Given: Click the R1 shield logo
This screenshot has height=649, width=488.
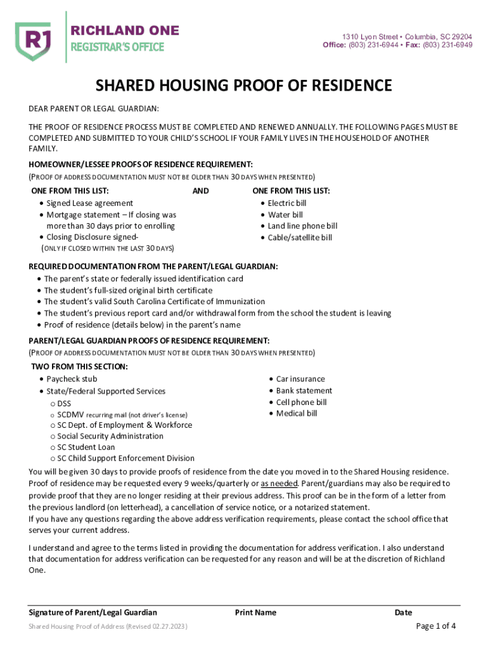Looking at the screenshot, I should coord(33,39).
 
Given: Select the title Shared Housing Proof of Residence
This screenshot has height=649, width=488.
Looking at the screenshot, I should coord(243,86).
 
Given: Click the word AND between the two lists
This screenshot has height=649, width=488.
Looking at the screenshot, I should coord(200,191).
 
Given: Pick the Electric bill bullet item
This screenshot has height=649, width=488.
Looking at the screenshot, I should coord(286,203).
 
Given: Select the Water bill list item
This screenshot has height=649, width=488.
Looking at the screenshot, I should coord(285,215).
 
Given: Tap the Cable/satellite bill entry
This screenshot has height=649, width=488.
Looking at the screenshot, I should coord(300,238).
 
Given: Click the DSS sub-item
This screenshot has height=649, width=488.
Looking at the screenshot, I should coord(64,403).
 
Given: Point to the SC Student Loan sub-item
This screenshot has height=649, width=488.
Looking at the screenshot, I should coord(86,447).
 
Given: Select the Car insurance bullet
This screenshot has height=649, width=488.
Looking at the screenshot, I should coord(300,379).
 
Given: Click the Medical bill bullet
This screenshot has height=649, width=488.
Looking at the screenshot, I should coord(297,413).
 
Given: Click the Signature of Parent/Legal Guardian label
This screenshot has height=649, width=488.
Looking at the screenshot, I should coord(93,612).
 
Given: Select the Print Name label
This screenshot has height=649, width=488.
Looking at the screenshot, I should coord(255,612).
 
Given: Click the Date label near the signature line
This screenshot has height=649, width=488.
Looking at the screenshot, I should coord(403,612).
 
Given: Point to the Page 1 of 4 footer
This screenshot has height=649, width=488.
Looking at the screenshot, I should coord(435,626).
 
